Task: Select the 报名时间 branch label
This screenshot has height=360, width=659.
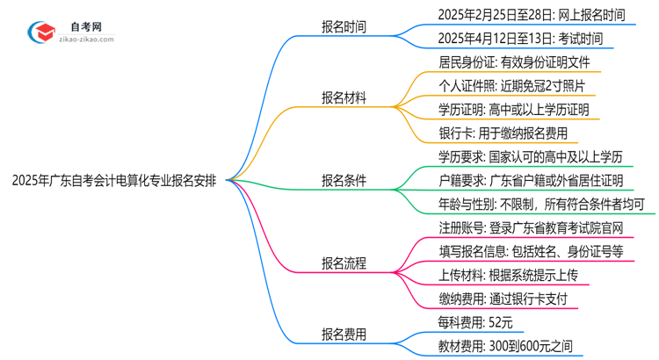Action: [344, 26]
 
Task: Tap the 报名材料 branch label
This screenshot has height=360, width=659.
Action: [344, 98]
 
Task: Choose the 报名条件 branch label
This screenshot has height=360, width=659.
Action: [344, 181]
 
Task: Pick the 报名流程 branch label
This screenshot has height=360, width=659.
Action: [344, 263]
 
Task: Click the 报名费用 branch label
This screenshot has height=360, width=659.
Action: [344, 335]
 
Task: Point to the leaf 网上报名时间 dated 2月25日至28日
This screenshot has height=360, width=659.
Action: [532, 15]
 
